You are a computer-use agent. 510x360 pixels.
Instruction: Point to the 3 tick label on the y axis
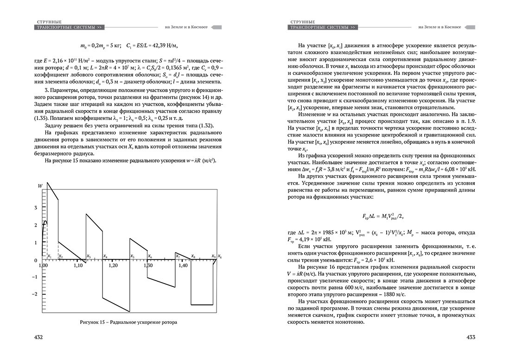(x=36, y=208)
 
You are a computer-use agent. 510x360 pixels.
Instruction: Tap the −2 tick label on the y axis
(x=34, y=294)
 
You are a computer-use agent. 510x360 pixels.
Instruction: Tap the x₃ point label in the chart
(x=89, y=256)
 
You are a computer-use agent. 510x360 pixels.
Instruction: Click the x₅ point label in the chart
(x=132, y=256)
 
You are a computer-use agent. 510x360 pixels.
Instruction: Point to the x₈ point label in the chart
(x=193, y=256)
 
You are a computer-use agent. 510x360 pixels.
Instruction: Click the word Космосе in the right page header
(x=452, y=27)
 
